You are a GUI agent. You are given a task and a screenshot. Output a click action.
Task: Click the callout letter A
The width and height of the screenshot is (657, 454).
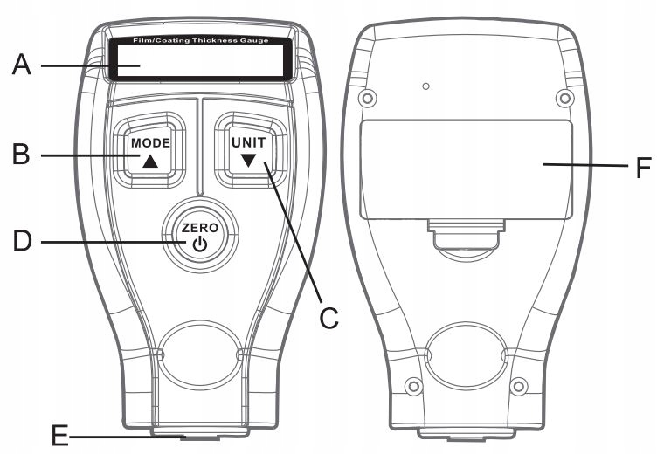click(x=22, y=65)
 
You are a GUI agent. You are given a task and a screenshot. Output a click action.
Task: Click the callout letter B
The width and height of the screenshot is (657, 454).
click(x=22, y=155)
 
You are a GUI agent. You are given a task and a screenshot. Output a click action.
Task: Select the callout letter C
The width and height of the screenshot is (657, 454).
click(x=328, y=316)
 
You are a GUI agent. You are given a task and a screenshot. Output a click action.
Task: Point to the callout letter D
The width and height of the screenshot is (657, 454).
click(x=22, y=239)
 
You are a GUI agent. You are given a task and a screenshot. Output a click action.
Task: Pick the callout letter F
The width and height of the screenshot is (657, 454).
click(x=642, y=165)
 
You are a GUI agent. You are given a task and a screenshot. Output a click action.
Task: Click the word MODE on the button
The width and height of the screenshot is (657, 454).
click(x=150, y=141)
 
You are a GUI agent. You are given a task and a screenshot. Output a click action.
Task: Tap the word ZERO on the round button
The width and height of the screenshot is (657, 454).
click(x=200, y=228)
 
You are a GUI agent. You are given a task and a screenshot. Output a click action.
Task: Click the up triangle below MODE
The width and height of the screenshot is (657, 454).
click(x=150, y=161)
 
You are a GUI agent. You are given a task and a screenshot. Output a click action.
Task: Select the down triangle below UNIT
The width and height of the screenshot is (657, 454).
click(x=249, y=161)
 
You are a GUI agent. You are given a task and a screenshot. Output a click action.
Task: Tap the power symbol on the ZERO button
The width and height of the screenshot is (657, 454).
click(x=200, y=244)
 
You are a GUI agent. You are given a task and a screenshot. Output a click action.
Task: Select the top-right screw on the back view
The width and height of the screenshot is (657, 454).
click(x=566, y=95)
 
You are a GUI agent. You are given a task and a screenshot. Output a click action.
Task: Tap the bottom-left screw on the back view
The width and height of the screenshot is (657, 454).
click(x=414, y=385)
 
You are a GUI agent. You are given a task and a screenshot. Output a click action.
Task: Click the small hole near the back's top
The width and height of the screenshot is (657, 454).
click(x=425, y=86)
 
